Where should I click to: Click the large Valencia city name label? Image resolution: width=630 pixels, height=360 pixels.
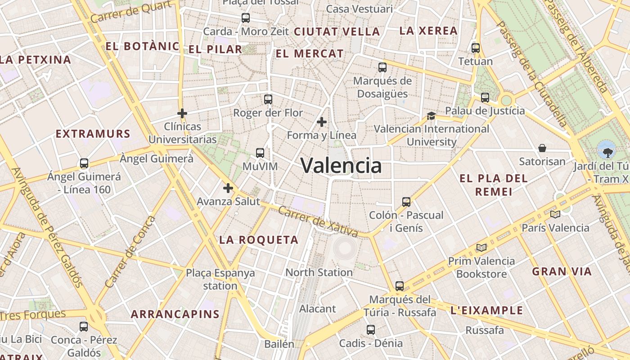tap(341, 166)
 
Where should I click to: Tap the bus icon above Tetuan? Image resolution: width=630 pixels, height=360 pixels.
tap(476, 48)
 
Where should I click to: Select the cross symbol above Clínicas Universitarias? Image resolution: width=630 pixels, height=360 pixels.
tap(182, 113)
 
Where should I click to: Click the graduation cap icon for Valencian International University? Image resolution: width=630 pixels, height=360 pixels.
tap(431, 116)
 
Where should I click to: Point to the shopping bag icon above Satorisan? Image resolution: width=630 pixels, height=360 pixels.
tap(542, 148)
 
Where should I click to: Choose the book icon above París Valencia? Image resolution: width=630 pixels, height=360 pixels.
tap(555, 214)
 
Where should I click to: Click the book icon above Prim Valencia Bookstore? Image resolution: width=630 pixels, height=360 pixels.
tap(481, 247)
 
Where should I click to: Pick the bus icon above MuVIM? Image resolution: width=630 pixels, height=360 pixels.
tap(260, 153)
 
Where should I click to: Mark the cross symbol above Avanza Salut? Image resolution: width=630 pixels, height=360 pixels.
tap(228, 188)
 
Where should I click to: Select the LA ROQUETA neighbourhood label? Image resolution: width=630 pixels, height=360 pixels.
tap(259, 240)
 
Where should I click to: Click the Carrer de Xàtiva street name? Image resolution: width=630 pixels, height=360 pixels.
tap(318, 222)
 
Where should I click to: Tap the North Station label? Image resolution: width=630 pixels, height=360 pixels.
tap(319, 272)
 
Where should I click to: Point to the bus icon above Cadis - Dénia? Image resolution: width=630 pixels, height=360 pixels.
tap(371, 330)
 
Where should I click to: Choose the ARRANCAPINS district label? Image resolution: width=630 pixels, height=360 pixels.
tap(175, 314)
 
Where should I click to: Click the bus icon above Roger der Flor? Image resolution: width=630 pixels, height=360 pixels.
tap(268, 99)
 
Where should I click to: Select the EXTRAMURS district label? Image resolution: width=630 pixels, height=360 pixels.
tap(93, 134)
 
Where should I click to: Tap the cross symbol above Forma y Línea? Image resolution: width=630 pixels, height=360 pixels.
tap(322, 121)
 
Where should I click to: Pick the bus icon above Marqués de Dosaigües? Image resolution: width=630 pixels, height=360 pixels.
tap(382, 67)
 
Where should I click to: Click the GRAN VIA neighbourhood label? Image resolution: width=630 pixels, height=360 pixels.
tap(562, 271)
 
